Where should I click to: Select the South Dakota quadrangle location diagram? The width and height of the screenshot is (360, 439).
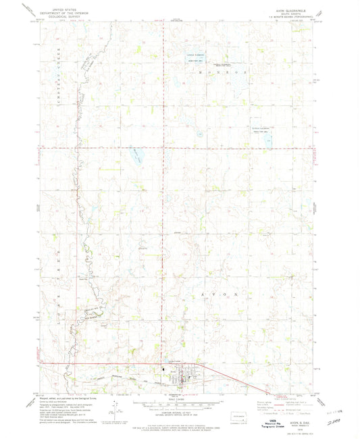pos(237,419)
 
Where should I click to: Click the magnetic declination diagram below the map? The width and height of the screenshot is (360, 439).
pos(116,412)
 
